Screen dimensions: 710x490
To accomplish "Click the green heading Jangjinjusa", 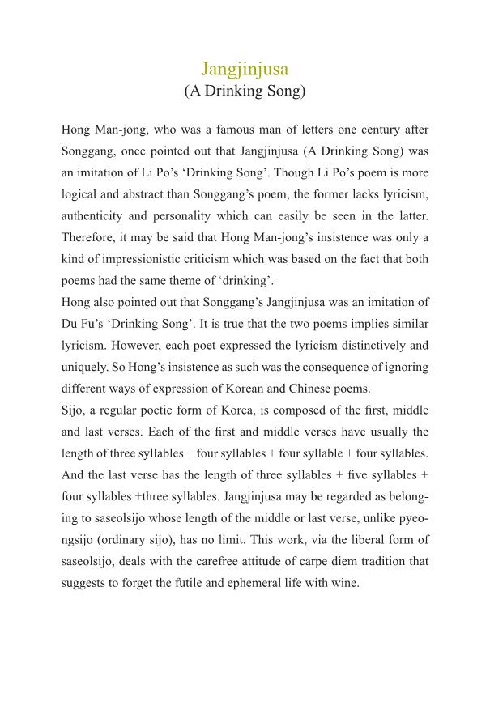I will point(245,68).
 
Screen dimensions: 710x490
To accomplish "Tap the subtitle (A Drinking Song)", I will point(245,91).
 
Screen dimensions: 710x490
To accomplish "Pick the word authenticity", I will point(95,216).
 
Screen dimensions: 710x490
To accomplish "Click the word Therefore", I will point(89,238).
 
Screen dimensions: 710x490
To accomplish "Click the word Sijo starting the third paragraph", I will point(73,410).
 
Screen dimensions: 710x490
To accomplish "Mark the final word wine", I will point(344,583).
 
